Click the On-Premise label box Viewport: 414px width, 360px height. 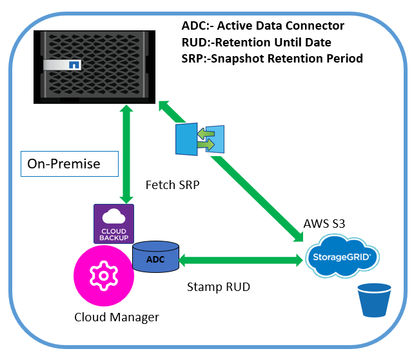pos(70,164)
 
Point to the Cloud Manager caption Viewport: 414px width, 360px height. pos(116,317)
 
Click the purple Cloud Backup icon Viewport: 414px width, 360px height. pos(113,223)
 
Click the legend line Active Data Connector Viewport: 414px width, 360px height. pos(264,26)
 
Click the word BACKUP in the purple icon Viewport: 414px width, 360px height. pos(113,237)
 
